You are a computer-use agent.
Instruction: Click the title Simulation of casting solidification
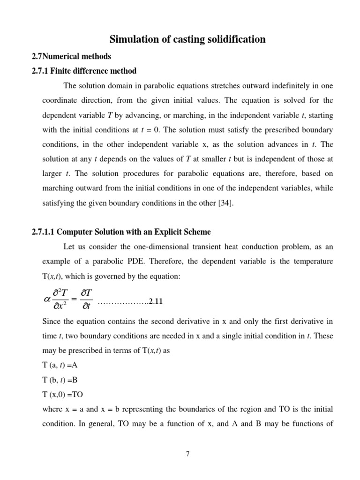point(187,39)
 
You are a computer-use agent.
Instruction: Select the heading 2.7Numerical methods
point(71,56)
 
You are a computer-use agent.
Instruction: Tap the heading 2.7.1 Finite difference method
point(83,71)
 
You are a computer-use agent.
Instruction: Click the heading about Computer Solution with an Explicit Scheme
point(121,232)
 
